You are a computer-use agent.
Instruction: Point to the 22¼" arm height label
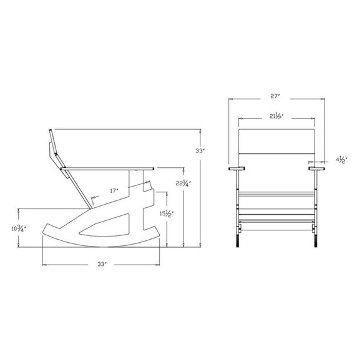point(182,183)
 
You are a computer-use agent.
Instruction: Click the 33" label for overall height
point(200,150)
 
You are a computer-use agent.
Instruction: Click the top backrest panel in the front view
point(277,140)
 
